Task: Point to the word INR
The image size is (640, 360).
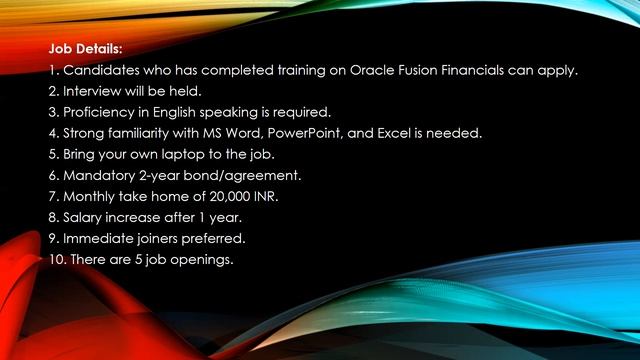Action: (x=264, y=196)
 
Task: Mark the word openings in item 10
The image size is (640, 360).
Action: (x=200, y=260)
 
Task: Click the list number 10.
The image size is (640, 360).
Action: (x=55, y=260)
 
